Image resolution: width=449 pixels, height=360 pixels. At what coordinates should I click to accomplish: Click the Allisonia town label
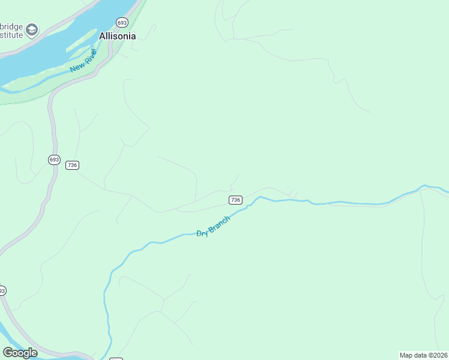point(118,36)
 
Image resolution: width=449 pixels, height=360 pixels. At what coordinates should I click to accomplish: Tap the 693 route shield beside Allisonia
point(122,22)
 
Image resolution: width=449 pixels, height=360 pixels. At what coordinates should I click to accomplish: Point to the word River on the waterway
point(90,55)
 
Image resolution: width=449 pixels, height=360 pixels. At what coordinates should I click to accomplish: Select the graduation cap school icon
point(32,29)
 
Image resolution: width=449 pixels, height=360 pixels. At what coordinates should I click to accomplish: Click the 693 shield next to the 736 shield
point(54,160)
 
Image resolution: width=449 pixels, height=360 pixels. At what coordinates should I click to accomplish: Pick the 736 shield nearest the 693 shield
point(72,165)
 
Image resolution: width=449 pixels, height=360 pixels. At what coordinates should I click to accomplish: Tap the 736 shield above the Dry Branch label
point(235,200)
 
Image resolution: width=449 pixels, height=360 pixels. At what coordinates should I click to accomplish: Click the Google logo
point(20,353)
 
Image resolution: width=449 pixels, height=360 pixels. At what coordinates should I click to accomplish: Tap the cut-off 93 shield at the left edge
point(2,290)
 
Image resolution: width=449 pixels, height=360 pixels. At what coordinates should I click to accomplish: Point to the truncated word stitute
point(11,35)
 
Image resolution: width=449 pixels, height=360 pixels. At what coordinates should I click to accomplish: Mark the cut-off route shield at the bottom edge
point(116,358)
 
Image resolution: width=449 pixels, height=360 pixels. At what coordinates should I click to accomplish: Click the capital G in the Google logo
point(8,353)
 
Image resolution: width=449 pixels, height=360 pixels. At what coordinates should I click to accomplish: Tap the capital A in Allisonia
point(103,36)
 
